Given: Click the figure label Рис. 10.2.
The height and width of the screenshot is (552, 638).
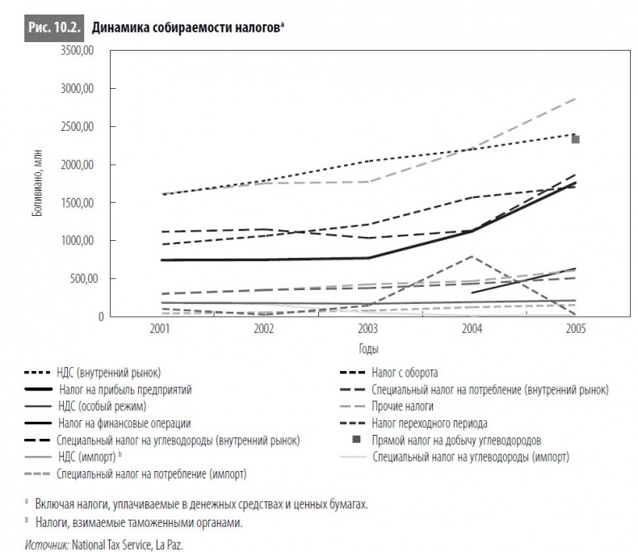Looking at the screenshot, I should (x=52, y=26).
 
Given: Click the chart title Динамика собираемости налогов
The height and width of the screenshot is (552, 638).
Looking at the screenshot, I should (x=186, y=26).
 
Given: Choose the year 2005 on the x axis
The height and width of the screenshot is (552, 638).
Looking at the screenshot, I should (x=575, y=330).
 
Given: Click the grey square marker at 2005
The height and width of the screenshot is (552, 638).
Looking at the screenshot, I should (x=576, y=139).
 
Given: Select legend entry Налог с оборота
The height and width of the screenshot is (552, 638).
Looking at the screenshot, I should (x=405, y=373).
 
